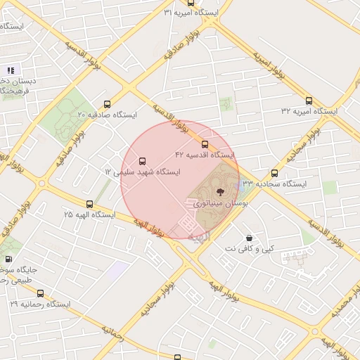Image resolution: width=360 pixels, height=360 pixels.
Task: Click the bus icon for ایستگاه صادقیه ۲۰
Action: [107, 104]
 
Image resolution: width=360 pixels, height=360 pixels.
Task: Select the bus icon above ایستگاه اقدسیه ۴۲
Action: [205, 144]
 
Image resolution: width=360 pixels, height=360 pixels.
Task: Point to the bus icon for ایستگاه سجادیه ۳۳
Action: [274, 173]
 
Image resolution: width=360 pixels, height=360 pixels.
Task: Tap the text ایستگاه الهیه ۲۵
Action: [89, 214]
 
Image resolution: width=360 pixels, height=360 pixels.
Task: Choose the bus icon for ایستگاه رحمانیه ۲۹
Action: [40, 294]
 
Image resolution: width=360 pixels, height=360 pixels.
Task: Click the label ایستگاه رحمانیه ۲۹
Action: [40, 304]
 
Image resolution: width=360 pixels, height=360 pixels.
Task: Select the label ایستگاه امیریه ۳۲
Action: [309, 111]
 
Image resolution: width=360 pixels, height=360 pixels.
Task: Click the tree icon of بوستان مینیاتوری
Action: [220, 191]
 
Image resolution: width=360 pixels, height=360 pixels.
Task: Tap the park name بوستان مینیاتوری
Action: [220, 202]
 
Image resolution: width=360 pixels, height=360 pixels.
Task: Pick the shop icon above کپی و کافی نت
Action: [250, 238]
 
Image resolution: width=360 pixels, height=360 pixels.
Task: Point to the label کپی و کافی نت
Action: [250, 249]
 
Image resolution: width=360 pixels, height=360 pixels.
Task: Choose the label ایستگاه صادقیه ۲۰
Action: [107, 114]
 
